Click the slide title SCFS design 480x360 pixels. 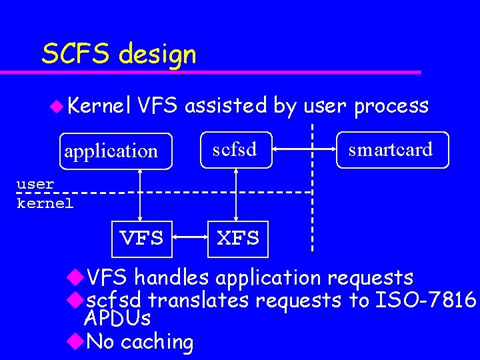119,53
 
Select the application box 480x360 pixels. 111,151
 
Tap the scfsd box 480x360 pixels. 235,149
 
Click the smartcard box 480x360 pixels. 391,149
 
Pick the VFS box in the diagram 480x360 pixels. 141,238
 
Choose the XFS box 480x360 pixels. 238,238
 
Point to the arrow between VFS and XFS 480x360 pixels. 191,237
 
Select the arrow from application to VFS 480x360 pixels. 141,194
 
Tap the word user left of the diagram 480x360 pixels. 35,183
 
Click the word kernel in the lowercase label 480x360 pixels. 45,203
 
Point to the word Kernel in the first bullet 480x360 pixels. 100,105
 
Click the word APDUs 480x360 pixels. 117,318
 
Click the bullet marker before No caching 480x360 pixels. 75,341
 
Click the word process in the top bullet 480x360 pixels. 391,105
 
